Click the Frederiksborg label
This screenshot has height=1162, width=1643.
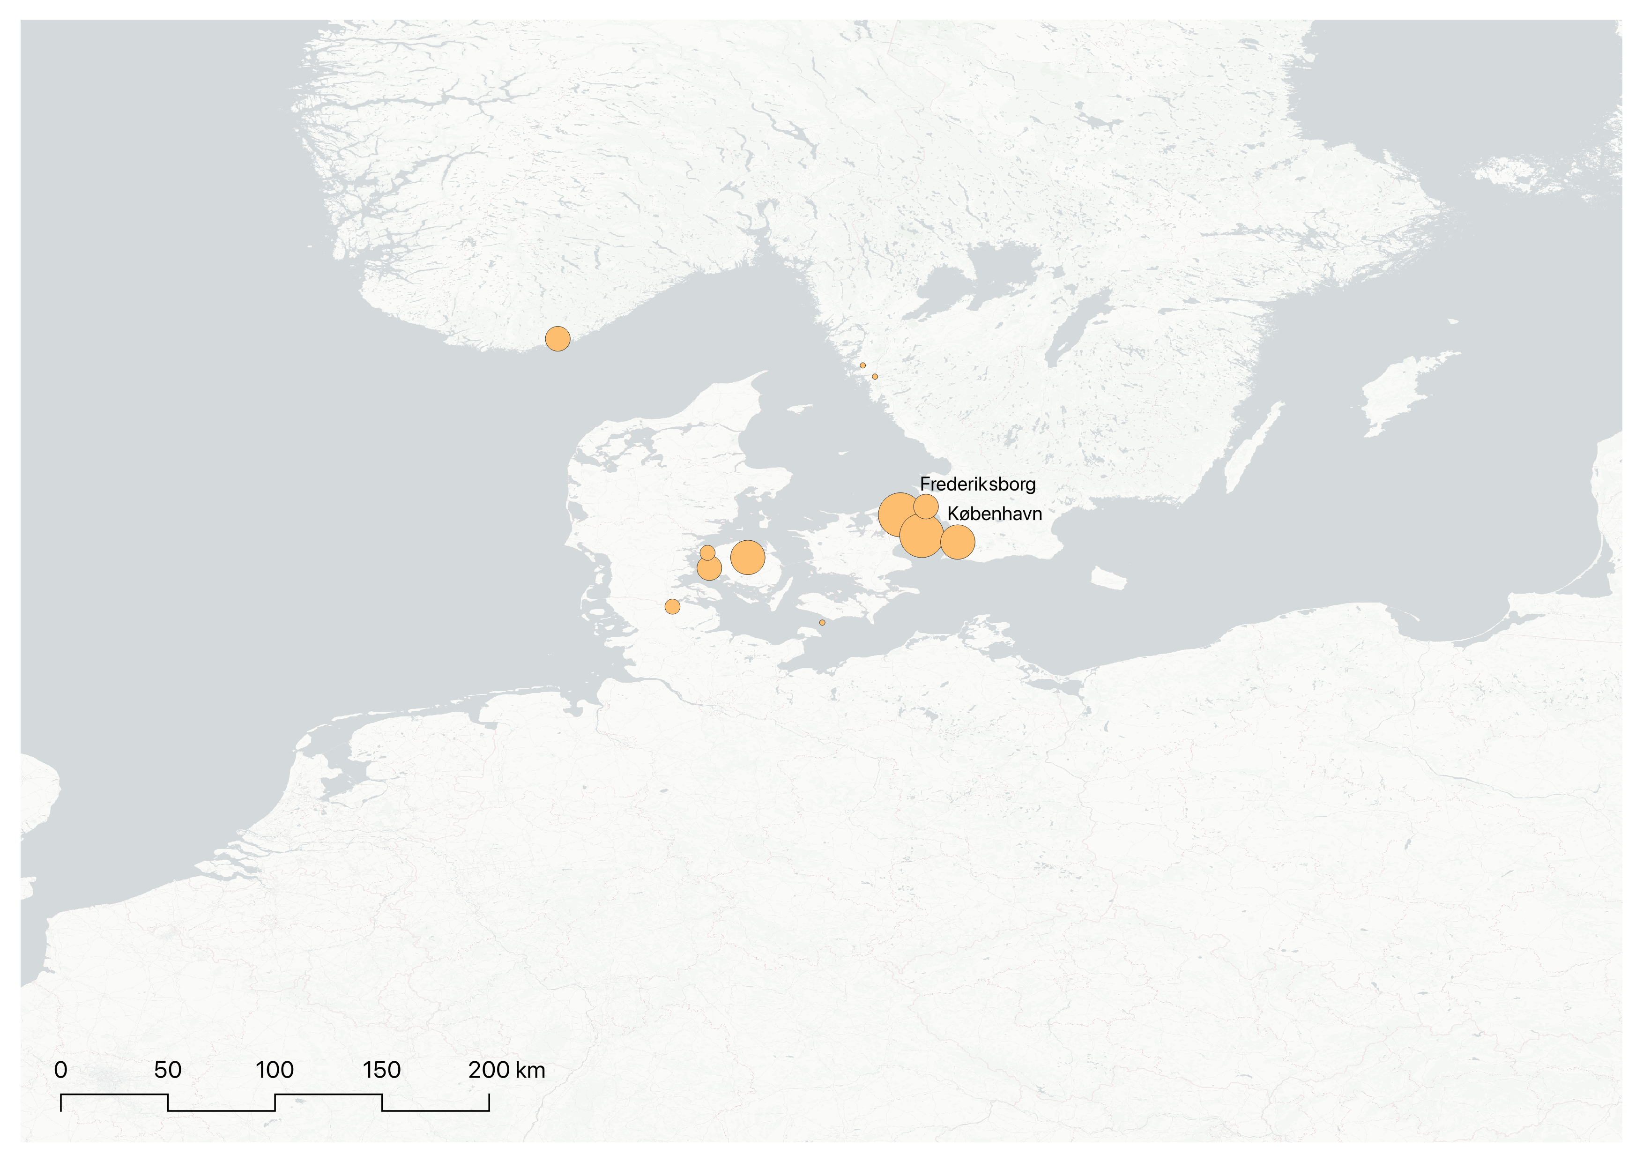pos(977,484)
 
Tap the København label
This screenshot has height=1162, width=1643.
pos(994,514)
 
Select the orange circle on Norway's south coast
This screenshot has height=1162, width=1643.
pos(558,338)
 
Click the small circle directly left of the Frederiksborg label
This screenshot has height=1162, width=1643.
pos(925,507)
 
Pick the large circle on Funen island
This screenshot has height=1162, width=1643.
pos(747,557)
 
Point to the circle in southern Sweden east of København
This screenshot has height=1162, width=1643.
pos(958,542)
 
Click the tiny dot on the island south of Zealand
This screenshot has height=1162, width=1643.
pos(822,623)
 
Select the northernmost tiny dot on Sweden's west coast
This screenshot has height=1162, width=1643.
pos(862,365)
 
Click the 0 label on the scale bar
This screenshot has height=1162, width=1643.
pos(61,1071)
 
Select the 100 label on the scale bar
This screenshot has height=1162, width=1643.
pos(275,1071)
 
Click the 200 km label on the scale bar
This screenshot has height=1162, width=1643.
pos(506,1071)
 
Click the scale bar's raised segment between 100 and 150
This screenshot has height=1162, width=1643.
pos(328,1095)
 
